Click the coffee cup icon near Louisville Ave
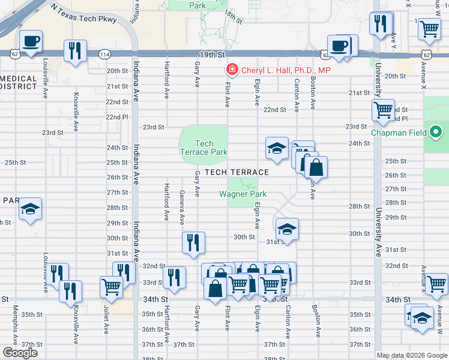(31, 41)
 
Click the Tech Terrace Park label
(204, 148)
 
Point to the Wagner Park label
(243, 194)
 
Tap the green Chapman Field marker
(436, 133)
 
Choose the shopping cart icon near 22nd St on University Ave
(383, 110)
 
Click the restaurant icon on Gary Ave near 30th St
(193, 243)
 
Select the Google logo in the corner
(20, 353)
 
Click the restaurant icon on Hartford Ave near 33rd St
(174, 278)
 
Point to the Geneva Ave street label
(182, 204)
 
